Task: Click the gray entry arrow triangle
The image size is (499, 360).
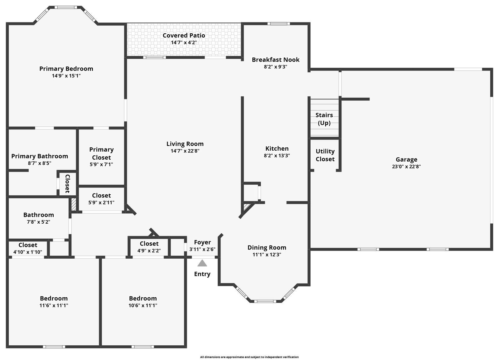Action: [x=202, y=264]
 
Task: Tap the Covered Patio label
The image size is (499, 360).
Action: [x=184, y=36]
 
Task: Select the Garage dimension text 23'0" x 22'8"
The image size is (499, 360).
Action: [x=406, y=167]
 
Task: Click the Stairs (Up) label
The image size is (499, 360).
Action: [x=324, y=119]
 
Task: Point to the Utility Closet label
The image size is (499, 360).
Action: [x=325, y=155]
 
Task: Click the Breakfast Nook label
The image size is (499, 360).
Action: [x=275, y=60]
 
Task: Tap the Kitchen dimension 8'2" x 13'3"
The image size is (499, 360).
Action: [x=277, y=156]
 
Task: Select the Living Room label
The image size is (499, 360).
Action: [x=185, y=144]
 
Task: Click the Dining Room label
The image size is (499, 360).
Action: [x=267, y=247]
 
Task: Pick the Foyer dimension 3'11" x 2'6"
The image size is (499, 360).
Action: [x=202, y=249]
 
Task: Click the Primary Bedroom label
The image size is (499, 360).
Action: [x=66, y=69]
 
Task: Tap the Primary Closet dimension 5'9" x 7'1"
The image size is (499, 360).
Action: [x=101, y=164]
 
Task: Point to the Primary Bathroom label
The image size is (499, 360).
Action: [x=40, y=156]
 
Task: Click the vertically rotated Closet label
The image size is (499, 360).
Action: [x=67, y=183]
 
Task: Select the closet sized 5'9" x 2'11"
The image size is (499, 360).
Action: [x=101, y=199]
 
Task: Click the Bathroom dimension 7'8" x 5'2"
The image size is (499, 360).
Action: [x=38, y=222]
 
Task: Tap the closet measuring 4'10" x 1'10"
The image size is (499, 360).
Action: [x=27, y=249]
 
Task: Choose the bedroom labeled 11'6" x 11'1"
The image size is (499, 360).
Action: [x=54, y=302]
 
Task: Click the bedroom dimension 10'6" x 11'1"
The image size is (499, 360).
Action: [x=143, y=306]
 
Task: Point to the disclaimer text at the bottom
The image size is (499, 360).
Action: [x=249, y=357]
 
